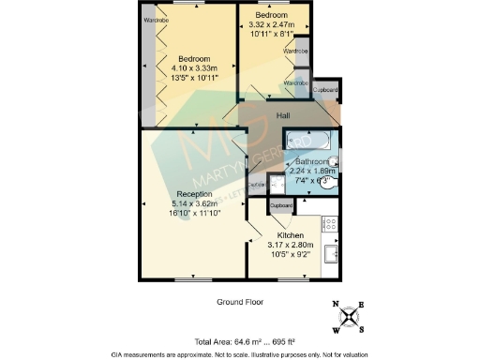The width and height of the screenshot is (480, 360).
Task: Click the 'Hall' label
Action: point(282,115)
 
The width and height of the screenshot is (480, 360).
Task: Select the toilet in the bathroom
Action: point(325,184)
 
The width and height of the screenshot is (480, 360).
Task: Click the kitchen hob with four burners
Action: point(329,225)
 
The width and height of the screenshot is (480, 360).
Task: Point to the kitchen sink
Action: point(331,254)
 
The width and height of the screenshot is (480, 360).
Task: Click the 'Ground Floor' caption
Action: point(240,302)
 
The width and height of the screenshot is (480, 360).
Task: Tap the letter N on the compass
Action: point(337,305)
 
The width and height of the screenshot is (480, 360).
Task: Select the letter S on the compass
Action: point(363,332)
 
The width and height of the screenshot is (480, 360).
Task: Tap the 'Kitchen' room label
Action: point(290,235)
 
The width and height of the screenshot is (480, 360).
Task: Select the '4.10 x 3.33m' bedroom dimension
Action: point(194,67)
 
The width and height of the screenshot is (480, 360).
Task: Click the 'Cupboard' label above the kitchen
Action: point(281,205)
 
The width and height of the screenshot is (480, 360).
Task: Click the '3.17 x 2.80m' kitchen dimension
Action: point(290,245)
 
